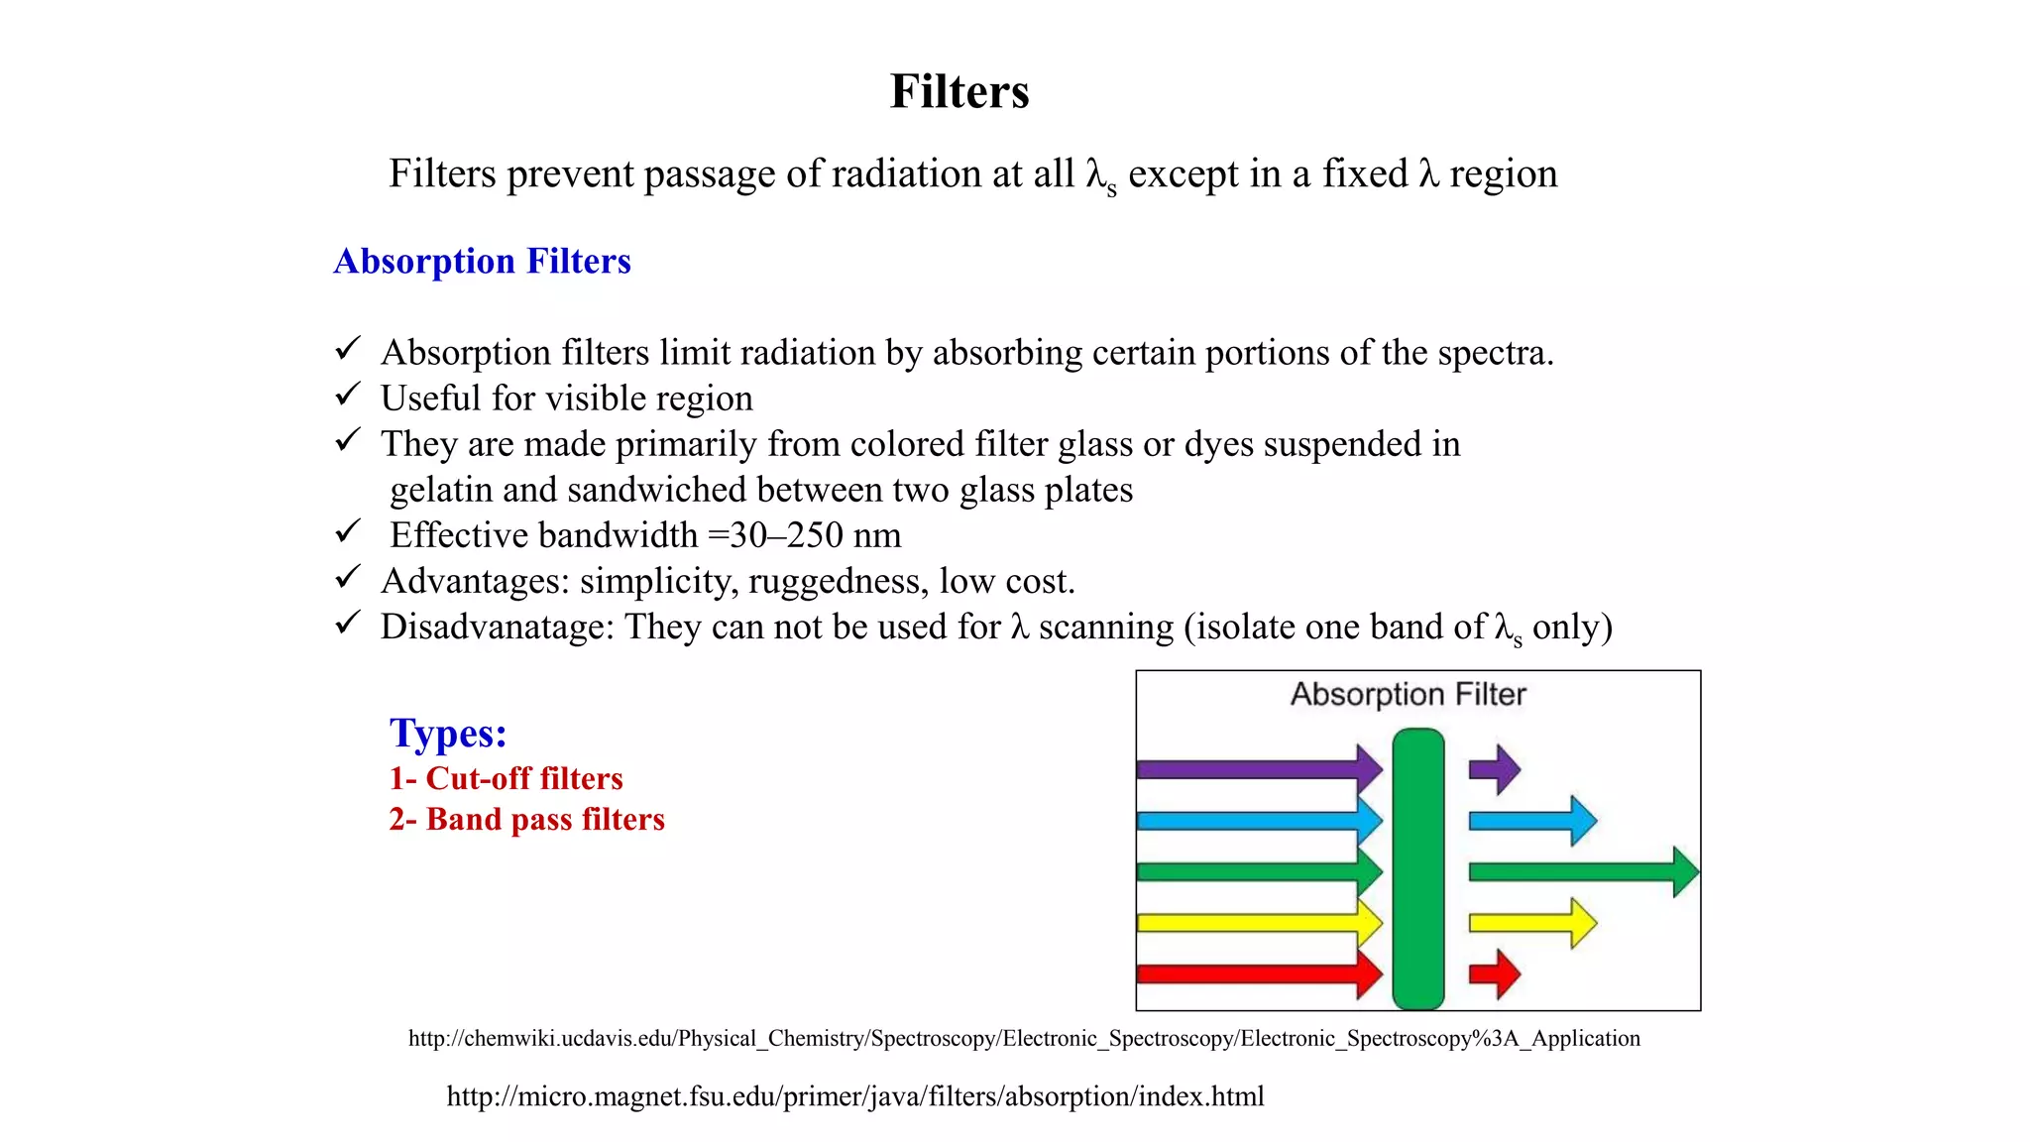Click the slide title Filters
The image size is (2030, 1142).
click(x=959, y=91)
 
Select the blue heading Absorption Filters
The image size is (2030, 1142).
click(x=482, y=261)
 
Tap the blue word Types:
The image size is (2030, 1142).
click(x=448, y=734)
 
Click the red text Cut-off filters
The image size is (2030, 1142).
click(x=524, y=778)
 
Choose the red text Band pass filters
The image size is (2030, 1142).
click(x=545, y=819)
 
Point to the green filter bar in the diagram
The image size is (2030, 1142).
click(x=1417, y=869)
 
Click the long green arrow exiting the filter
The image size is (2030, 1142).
click(x=1582, y=872)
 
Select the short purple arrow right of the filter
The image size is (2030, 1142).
click(x=1494, y=769)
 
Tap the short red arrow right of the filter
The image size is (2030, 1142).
click(x=1494, y=974)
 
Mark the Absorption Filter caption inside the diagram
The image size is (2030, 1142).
click(x=1408, y=694)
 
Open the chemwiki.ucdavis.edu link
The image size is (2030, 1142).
click(x=1024, y=1038)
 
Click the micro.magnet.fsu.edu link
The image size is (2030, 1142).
click(x=855, y=1096)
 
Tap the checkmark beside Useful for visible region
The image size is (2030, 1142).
click(x=347, y=396)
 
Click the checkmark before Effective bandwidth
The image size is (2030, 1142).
click(x=347, y=532)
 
